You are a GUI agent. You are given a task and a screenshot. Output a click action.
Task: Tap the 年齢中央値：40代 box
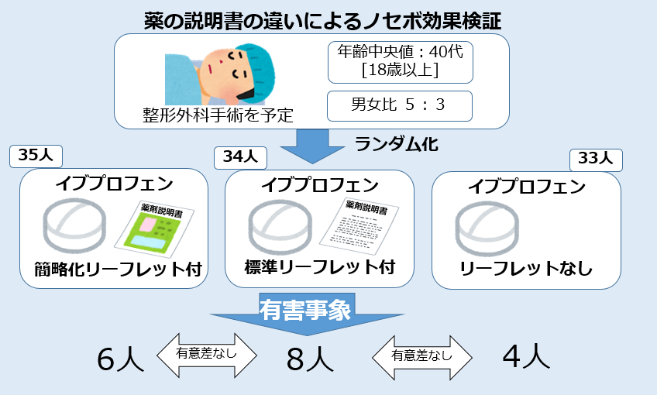[400, 61]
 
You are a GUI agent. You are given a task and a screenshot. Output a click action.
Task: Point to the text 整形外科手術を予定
[218, 115]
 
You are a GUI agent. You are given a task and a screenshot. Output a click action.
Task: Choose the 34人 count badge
[240, 156]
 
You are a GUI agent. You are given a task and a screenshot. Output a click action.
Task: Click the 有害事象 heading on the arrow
[306, 311]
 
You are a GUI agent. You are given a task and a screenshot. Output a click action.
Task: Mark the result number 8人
[310, 359]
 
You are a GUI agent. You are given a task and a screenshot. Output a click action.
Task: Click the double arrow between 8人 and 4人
[421, 356]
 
